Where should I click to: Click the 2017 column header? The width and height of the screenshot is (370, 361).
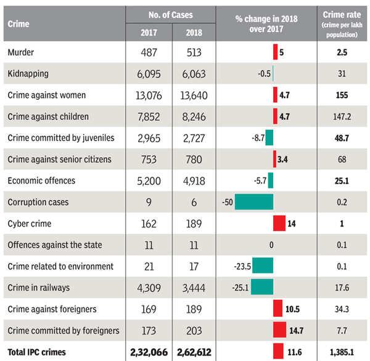point(148,33)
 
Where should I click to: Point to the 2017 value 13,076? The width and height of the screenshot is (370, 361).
point(148,95)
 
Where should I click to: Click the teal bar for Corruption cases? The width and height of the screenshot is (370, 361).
point(253,202)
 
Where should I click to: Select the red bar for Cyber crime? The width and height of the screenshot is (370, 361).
point(279,224)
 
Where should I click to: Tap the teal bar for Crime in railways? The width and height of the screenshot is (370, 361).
point(262,288)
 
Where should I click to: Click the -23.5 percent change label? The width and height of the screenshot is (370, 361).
point(240,267)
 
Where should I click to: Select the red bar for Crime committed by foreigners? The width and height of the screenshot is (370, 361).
point(279,331)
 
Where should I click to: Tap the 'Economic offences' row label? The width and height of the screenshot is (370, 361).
point(41,180)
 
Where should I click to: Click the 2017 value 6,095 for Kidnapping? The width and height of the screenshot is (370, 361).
point(148,74)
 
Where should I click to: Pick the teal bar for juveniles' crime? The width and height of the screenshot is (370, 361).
point(269,138)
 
